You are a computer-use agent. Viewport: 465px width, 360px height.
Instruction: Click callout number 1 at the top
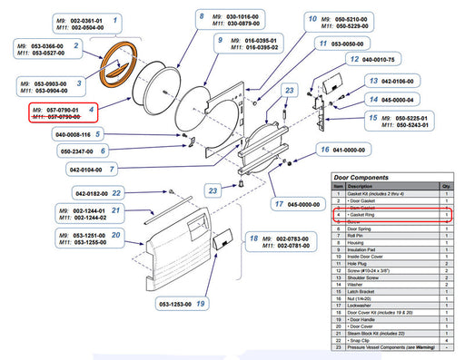click(x=114, y=18)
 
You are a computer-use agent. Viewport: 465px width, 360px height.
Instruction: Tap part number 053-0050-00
click(x=353, y=43)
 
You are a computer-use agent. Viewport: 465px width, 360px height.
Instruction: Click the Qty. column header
click(x=446, y=186)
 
